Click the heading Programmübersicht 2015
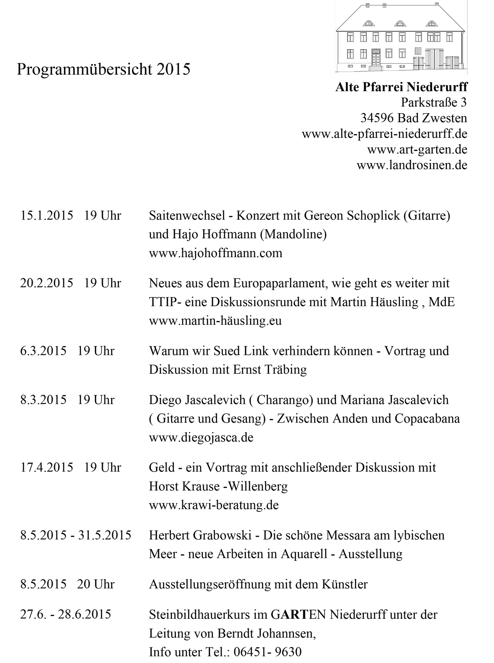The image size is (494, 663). (103, 69)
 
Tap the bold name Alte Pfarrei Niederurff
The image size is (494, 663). (401, 87)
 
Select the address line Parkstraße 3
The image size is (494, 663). (434, 103)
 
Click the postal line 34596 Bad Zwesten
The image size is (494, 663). (414, 118)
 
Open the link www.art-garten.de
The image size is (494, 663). (417, 149)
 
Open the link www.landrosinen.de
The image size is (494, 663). (411, 165)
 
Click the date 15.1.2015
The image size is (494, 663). (46, 216)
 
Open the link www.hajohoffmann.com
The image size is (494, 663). (215, 253)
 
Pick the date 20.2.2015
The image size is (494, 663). (46, 283)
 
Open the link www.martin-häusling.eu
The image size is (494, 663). (215, 320)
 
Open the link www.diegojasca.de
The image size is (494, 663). (201, 438)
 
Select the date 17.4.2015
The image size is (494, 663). (46, 467)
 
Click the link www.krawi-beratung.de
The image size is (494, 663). (214, 505)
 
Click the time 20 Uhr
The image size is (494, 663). (96, 584)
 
